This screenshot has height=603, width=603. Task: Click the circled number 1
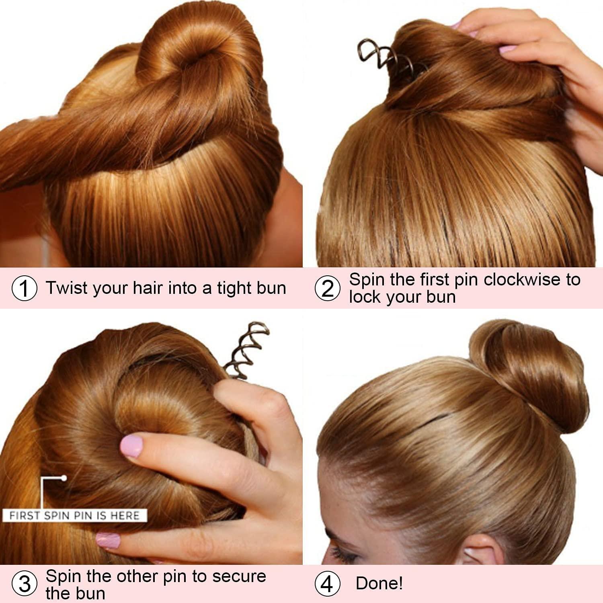coord(25,288)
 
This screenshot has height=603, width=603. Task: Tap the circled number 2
coord(327,288)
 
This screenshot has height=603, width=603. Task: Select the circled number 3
coord(25,584)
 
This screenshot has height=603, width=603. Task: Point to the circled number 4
coord(327,584)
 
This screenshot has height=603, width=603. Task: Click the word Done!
coord(379,583)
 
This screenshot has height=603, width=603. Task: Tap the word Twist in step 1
coord(66,288)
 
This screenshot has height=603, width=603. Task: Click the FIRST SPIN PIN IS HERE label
coord(74,515)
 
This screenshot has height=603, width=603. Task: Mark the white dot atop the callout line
coord(64,478)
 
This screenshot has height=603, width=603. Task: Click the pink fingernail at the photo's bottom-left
coord(108,540)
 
